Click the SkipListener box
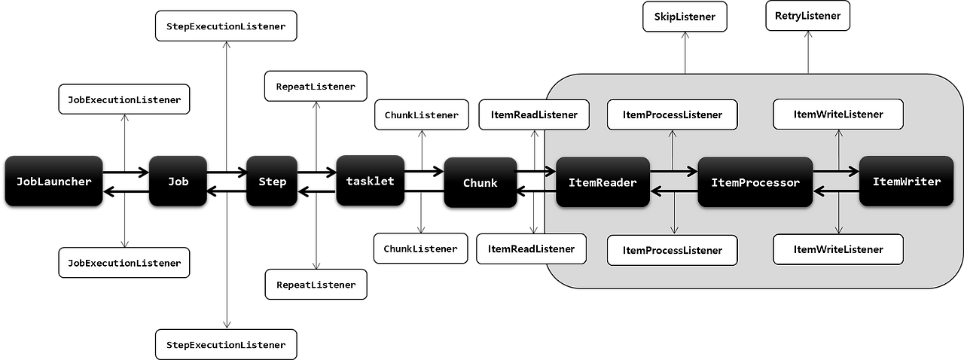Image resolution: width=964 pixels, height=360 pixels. (x=685, y=17)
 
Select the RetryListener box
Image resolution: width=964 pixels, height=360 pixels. (x=807, y=16)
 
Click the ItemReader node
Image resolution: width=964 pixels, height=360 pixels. (x=602, y=182)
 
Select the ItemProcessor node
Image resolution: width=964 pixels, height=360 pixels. (x=755, y=182)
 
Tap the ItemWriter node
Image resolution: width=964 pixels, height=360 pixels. (x=906, y=182)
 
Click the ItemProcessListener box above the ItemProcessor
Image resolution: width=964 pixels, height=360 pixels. (x=672, y=114)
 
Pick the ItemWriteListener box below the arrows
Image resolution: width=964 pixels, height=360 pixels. (x=838, y=249)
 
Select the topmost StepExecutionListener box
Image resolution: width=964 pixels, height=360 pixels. (x=226, y=26)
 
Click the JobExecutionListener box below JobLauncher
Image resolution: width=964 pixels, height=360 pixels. (x=124, y=263)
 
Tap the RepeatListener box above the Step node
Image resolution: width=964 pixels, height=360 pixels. (x=316, y=87)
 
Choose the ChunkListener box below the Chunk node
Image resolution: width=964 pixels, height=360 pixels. (x=420, y=249)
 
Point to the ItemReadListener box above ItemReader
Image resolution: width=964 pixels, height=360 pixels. (x=533, y=114)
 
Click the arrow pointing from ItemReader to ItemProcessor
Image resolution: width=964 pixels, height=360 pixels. (x=673, y=172)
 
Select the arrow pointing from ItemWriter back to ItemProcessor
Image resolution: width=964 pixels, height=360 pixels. (x=836, y=192)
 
